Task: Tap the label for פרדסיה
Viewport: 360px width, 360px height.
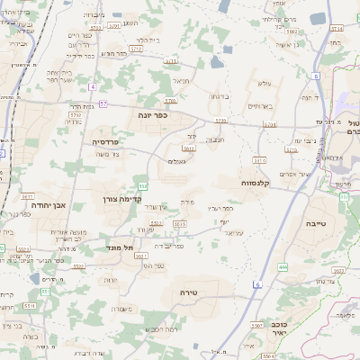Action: click(x=111, y=141)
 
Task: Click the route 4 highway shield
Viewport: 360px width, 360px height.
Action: click(x=93, y=87)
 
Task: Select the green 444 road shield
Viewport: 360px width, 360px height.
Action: click(x=283, y=265)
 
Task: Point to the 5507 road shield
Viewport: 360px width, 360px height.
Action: click(x=256, y=325)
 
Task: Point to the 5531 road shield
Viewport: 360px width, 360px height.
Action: click(x=28, y=195)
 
